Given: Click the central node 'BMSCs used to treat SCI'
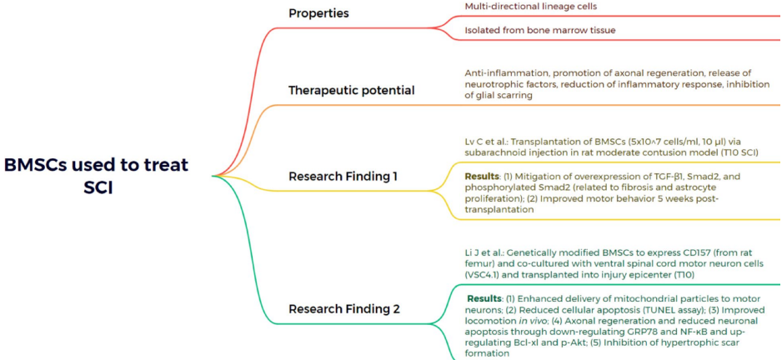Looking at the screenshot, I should (97, 175).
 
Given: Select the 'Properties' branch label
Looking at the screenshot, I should (318, 13).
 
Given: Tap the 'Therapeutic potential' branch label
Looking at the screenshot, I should (351, 90).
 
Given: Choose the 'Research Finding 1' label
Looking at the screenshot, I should (343, 176).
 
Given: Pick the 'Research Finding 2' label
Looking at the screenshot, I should (344, 309).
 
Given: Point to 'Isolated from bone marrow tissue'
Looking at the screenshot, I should (535, 32).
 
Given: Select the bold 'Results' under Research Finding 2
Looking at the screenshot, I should (484, 298).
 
